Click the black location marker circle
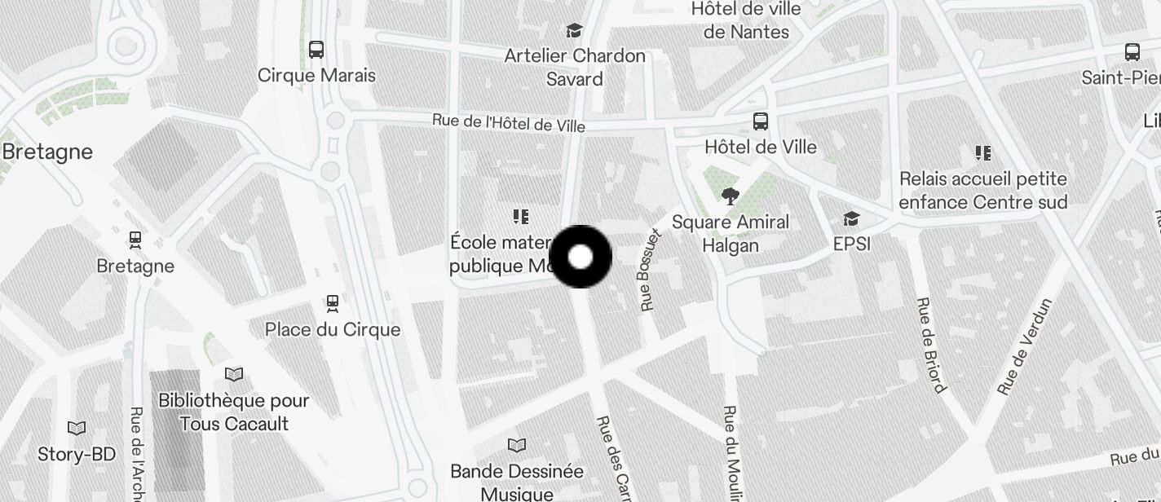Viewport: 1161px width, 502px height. [x=580, y=257]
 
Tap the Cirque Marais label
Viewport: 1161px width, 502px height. [x=316, y=76]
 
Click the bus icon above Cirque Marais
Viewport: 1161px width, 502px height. [x=316, y=49]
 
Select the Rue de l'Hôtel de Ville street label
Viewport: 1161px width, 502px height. [x=508, y=122]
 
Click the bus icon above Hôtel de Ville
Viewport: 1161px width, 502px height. [x=760, y=121]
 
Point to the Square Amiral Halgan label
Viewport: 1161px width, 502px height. [x=731, y=233]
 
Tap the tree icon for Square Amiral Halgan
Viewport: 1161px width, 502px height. [x=730, y=196]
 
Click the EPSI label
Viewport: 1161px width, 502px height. [x=851, y=244]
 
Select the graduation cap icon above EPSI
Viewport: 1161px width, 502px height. [x=851, y=218]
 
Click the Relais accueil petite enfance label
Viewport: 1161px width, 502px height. [x=982, y=190]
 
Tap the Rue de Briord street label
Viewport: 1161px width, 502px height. [x=929, y=345]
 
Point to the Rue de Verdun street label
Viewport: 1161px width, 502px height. [x=1024, y=347]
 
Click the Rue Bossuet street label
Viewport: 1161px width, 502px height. [x=651, y=270]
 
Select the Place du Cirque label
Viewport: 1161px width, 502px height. [x=333, y=329]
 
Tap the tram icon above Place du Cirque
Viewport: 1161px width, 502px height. [x=333, y=303]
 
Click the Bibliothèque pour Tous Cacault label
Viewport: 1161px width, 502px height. [x=234, y=412]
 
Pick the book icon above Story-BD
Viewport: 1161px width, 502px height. [x=77, y=428]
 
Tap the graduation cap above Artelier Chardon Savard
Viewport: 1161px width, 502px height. [x=575, y=31]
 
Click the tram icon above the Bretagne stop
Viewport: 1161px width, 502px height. [x=135, y=240]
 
